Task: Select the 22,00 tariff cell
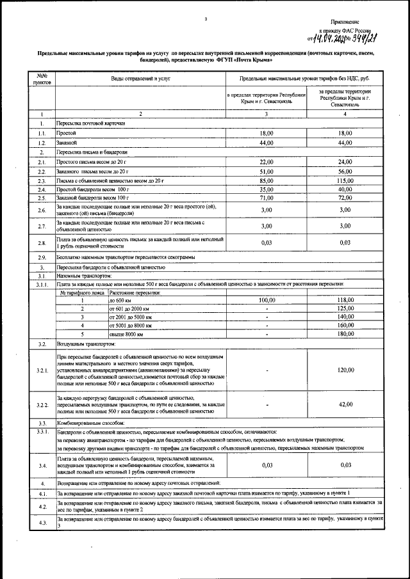[266, 162]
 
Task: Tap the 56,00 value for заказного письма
[346, 171]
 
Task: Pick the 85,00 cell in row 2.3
[266, 181]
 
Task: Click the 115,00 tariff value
[346, 181]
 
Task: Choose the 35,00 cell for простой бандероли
[266, 190]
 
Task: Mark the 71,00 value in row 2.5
[266, 199]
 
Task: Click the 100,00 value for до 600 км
[266, 299]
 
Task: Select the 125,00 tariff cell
[346, 308]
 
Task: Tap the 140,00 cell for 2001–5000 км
[346, 317]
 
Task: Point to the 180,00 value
[346, 334]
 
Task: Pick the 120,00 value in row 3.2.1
[346, 370]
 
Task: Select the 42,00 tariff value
[346, 404]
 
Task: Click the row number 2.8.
[40, 242]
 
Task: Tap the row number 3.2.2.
[42, 405]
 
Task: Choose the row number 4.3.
[40, 522]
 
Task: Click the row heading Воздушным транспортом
[81, 344]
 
